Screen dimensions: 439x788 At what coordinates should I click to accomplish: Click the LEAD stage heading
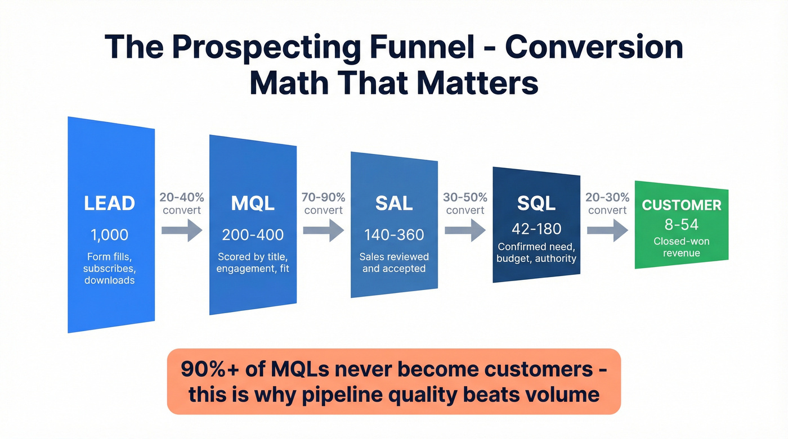pos(109,203)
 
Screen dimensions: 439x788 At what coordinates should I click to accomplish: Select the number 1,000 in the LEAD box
pos(109,234)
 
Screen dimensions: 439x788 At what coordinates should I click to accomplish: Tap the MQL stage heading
pos(253,203)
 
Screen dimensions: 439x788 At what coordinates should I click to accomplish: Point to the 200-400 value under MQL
pos(253,234)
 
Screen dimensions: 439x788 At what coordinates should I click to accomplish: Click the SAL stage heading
pos(394,203)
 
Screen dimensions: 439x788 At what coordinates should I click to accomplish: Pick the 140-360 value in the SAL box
pos(394,234)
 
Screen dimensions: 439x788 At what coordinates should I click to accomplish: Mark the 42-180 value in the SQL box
pos(536,229)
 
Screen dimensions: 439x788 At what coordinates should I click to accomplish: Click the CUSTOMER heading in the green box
pos(682,205)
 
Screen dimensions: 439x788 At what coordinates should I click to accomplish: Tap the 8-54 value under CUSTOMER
pos(682,225)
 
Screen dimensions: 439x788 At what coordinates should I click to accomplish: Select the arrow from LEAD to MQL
pos(181,230)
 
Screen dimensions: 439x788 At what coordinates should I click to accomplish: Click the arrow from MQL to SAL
pos(323,230)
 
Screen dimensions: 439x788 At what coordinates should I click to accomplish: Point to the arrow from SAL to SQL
pos(464,230)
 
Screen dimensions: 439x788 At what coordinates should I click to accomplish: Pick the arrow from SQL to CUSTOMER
pos(607,230)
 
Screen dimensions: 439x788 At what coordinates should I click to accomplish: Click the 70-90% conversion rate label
pos(323,203)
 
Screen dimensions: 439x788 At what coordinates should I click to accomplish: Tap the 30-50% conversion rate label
pos(464,203)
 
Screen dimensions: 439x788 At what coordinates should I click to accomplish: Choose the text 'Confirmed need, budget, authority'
pos(536,252)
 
